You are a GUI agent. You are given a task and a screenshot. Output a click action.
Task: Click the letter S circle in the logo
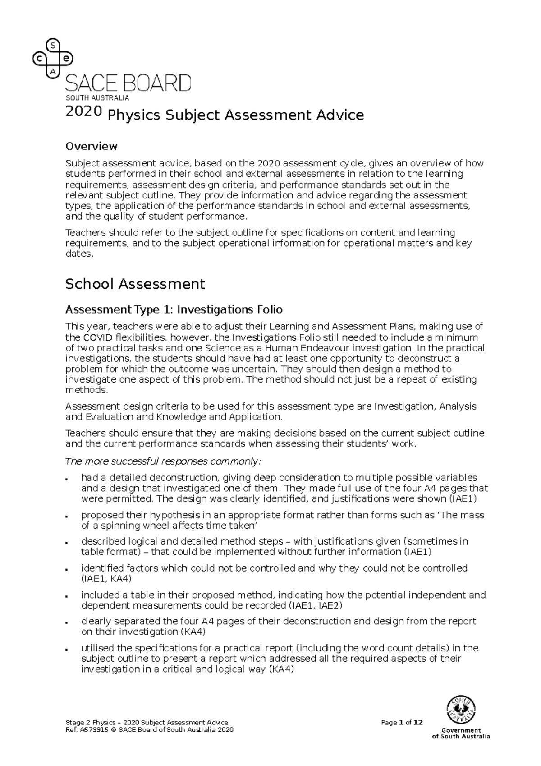coord(53,45)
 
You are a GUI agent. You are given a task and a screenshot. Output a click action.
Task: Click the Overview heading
coord(91,146)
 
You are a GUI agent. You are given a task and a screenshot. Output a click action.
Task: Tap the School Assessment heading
coord(135,284)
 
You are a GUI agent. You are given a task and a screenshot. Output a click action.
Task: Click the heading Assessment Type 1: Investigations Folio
coord(174,309)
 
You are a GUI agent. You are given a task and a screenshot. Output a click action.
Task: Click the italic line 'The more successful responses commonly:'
coord(163,461)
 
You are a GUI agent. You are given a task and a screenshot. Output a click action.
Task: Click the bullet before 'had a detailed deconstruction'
coord(67,479)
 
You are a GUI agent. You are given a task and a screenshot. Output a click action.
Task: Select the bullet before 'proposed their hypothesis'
coord(67,516)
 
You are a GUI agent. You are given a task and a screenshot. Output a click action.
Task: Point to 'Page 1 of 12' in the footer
coord(402,723)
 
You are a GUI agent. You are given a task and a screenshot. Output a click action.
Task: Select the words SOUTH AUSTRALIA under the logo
coord(97,98)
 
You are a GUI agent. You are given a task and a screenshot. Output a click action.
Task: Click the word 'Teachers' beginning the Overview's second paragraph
coord(84,233)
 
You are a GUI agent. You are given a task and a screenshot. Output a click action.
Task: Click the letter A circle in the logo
coord(53,72)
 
